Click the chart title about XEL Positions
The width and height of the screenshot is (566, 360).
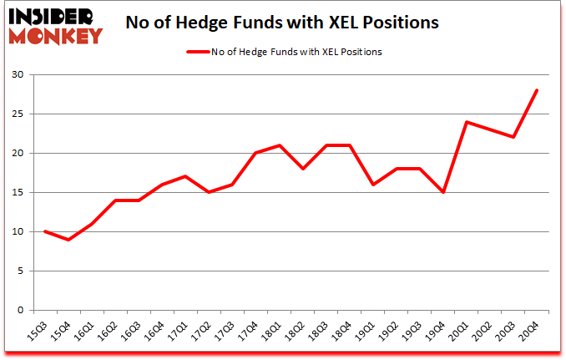282,23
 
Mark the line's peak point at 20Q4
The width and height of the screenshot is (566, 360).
538,90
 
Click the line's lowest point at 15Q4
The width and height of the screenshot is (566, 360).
68,240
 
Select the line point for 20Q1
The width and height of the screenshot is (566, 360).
467,122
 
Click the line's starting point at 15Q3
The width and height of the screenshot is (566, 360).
44,231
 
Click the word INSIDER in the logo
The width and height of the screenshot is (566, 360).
53,14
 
